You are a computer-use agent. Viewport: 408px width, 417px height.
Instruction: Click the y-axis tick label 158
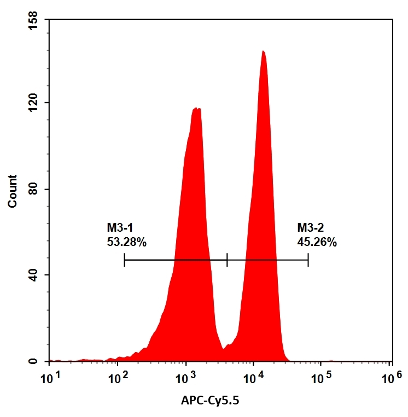34,20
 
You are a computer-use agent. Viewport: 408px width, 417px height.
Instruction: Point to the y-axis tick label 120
34,103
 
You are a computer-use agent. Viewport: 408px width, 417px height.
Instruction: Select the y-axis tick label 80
37,190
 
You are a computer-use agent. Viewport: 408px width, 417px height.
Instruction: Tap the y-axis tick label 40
37,275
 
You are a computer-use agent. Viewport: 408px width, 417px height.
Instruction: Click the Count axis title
12,191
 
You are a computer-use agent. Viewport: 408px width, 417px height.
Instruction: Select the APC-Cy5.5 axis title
210,401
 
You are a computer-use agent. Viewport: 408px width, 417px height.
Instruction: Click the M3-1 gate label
120,227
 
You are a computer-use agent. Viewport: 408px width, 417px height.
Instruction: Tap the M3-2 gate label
311,227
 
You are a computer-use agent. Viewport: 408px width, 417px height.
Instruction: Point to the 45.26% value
317,241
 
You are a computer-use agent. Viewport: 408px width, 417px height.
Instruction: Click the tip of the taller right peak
263,51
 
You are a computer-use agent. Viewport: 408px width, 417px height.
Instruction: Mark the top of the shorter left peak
197,109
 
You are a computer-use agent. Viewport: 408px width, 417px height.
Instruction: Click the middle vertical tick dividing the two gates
226,260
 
